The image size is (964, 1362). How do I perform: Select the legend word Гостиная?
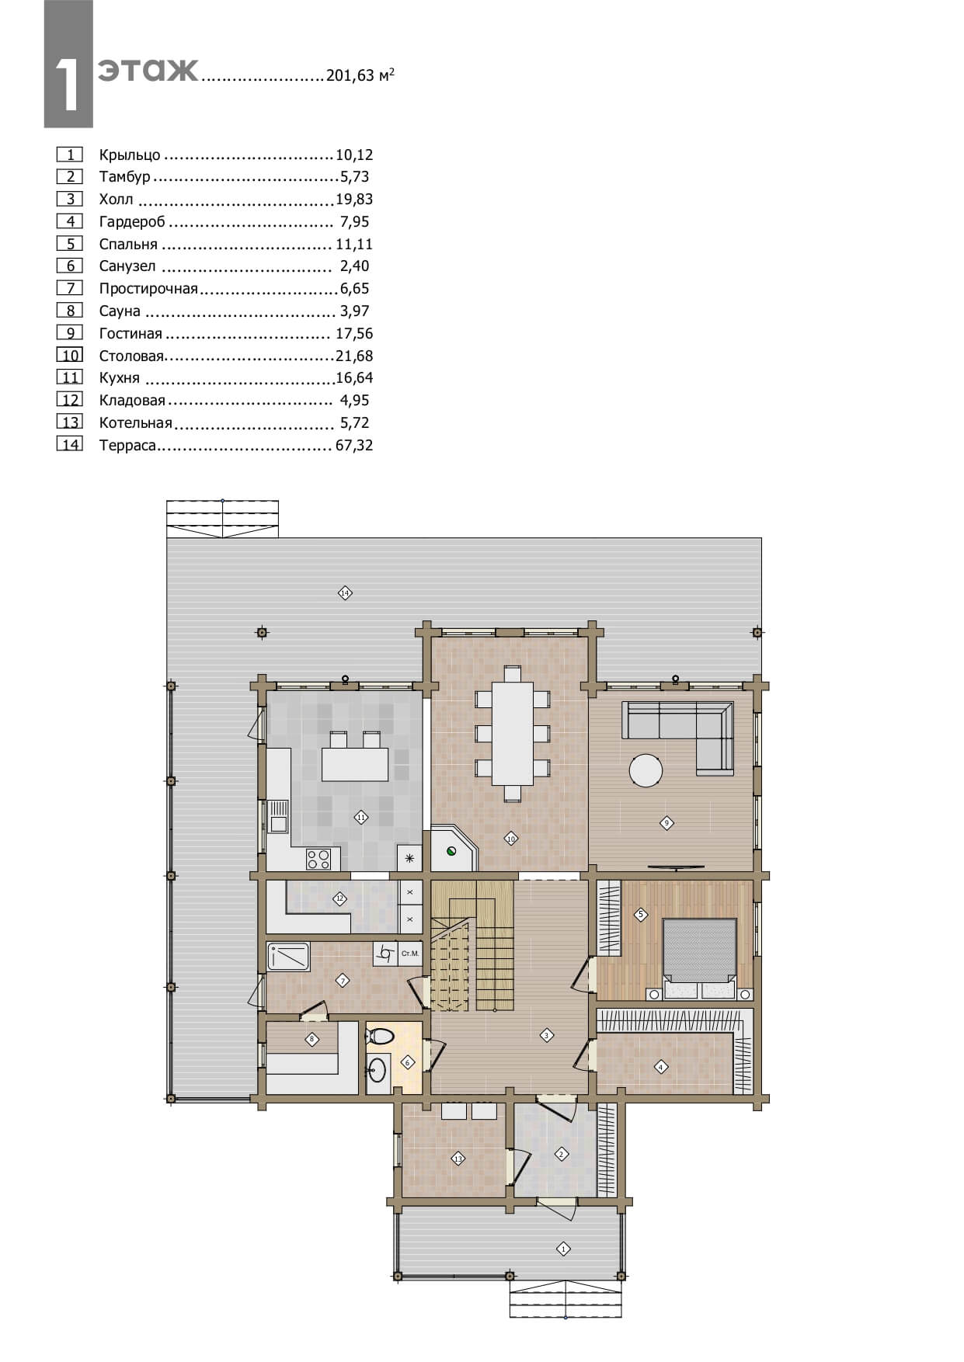[131, 334]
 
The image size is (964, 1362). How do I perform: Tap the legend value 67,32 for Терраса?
[354, 446]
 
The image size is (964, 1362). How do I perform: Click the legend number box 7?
[70, 288]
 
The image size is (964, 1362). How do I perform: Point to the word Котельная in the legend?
[135, 423]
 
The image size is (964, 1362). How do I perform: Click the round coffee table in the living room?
[646, 772]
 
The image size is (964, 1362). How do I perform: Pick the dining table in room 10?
[513, 733]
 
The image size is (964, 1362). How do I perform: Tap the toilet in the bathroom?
[381, 1036]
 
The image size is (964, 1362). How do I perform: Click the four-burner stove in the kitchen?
[318, 859]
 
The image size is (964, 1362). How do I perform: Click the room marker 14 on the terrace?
[345, 593]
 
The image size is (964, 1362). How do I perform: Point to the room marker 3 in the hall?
[546, 1035]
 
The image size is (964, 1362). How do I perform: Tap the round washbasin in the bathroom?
[377, 1069]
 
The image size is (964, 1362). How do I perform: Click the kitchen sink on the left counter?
[277, 816]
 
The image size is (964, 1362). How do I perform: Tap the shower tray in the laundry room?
[288, 957]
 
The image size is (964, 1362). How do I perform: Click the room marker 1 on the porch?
[563, 1249]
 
